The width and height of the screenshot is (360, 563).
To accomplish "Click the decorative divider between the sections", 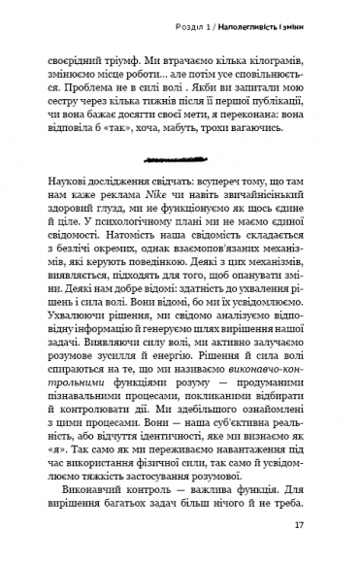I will pyautogui.click(x=180, y=155).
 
